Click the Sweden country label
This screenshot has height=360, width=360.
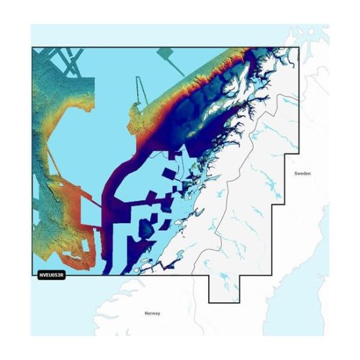(x=302, y=173)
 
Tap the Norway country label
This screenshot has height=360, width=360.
(x=152, y=314)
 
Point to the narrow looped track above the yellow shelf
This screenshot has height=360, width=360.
(x=139, y=92)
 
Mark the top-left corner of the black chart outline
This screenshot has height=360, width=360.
(x=32, y=47)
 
